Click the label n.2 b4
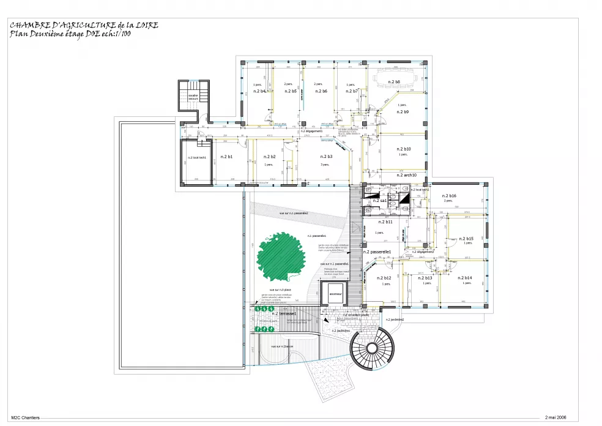pos(259,91)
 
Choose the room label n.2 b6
pos(321,91)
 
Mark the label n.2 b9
pos(403,112)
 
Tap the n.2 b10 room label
pos(403,149)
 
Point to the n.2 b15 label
pos(466,238)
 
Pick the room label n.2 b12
pos(384,278)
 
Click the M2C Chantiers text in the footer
pos(25,417)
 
